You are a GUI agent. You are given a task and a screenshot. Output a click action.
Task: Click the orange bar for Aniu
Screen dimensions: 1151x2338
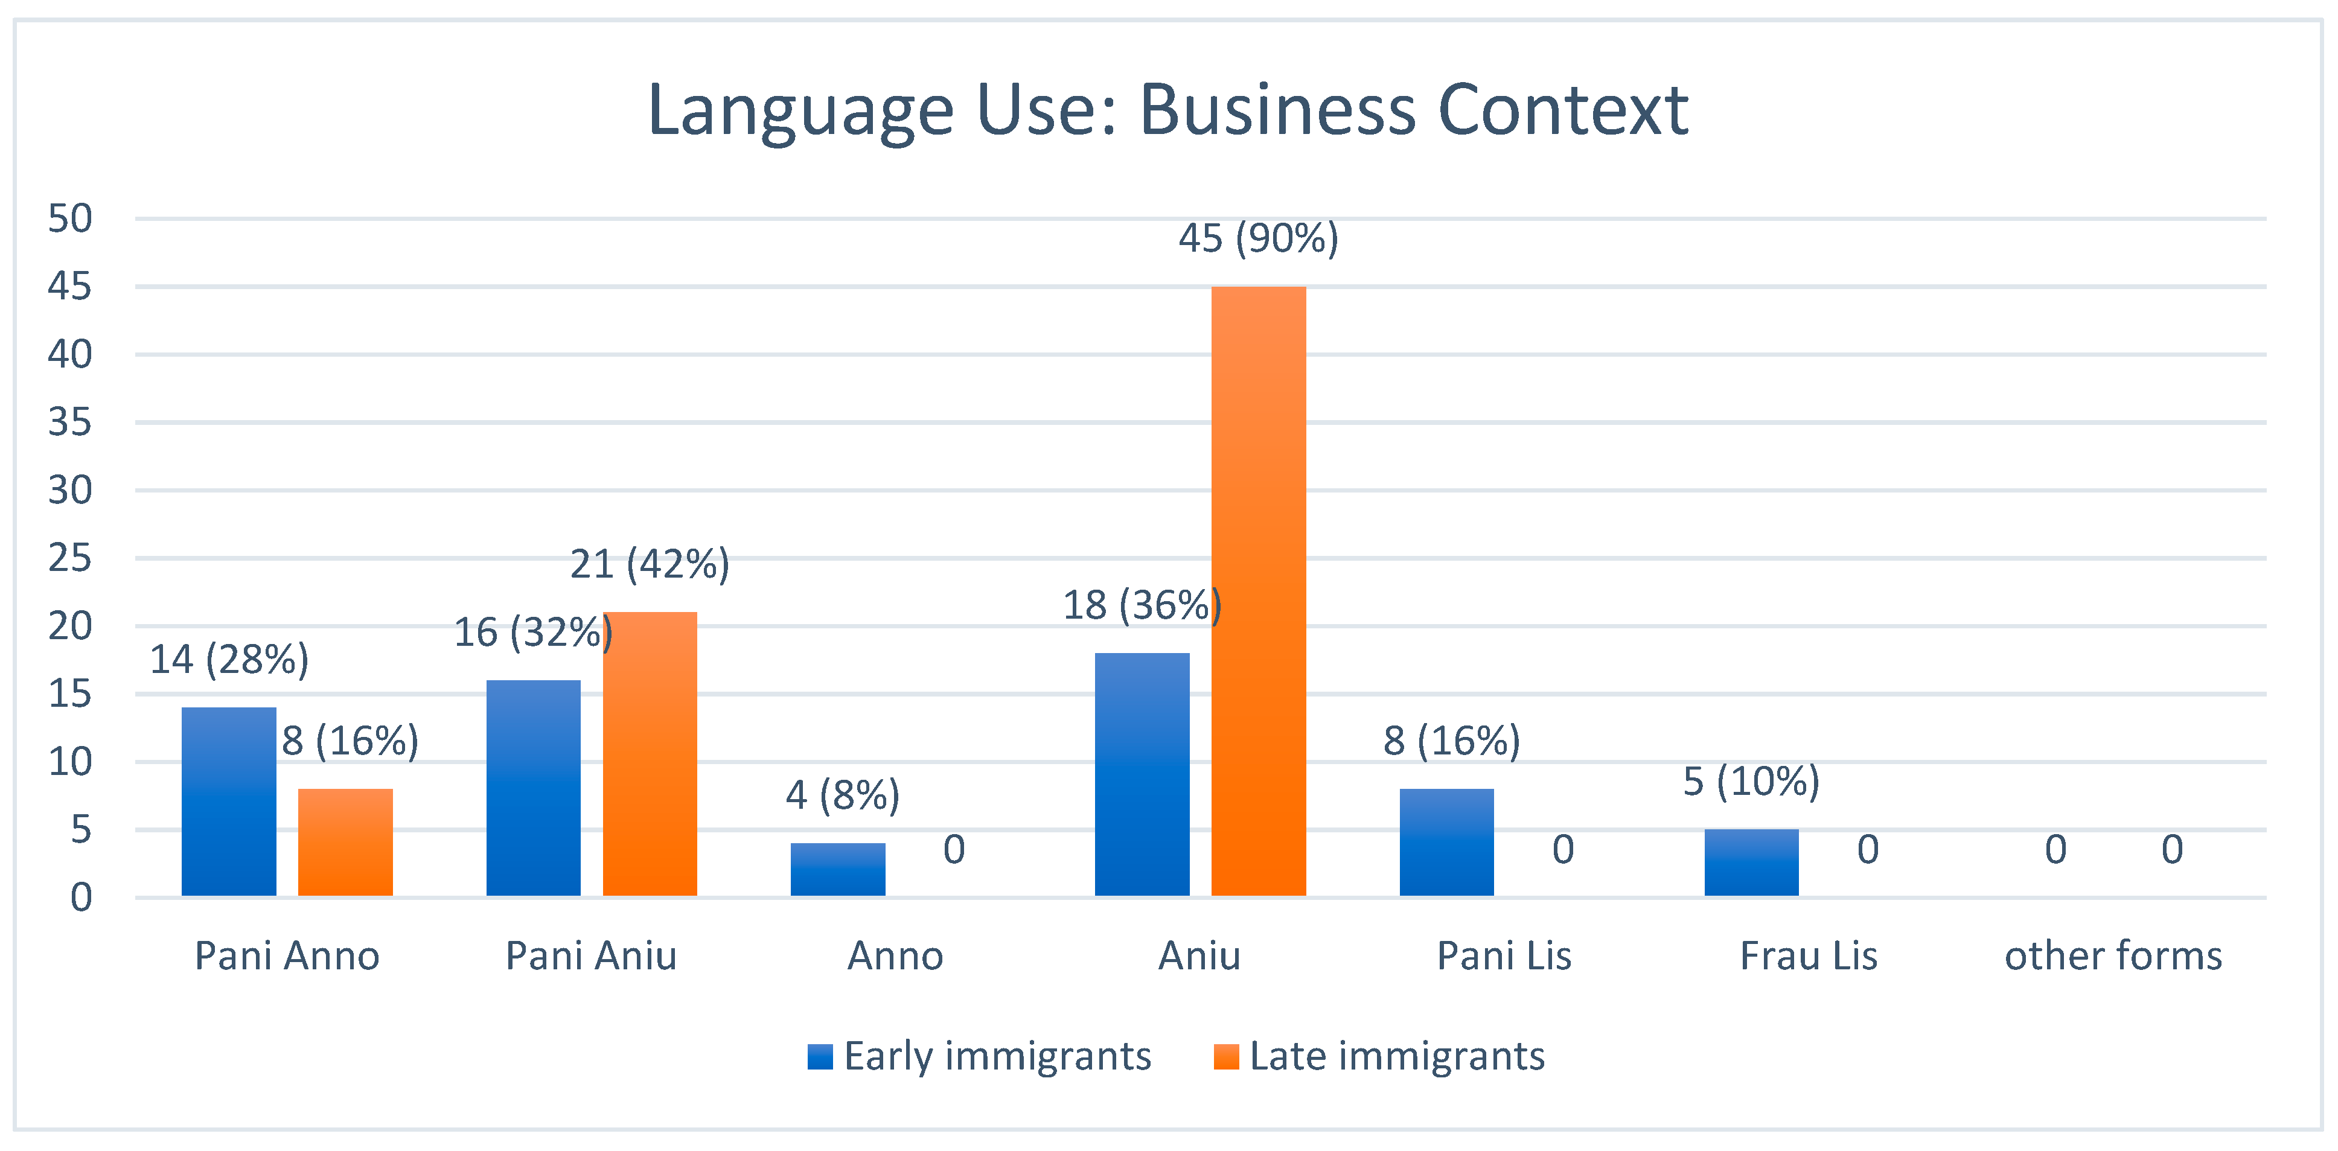(1258, 591)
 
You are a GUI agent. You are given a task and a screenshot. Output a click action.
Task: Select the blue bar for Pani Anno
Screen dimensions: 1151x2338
(229, 802)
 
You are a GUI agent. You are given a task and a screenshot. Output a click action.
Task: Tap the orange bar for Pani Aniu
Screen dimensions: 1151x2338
(650, 753)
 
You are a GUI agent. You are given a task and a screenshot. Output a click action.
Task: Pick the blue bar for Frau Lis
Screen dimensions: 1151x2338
(1751, 862)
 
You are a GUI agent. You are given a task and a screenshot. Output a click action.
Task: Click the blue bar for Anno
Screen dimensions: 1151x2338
(838, 870)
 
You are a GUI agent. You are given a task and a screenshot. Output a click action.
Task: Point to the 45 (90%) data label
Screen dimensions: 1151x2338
(1258, 238)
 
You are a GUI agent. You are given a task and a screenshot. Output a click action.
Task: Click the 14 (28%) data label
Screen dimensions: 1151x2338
(229, 660)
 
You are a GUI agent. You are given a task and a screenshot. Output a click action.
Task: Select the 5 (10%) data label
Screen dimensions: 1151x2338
(1751, 782)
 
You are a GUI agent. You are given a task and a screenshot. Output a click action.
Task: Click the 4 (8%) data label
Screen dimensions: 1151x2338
(842, 795)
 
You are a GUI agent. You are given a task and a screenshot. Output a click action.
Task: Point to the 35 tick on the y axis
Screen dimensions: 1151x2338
(70, 422)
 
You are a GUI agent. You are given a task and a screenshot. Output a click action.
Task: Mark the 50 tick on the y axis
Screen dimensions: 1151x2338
(70, 218)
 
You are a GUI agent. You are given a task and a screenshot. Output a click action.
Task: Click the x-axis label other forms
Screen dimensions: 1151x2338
(2113, 956)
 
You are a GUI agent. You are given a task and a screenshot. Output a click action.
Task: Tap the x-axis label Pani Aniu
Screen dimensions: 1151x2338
(591, 956)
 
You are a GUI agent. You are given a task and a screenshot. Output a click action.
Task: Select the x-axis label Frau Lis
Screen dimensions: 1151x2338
(1808, 956)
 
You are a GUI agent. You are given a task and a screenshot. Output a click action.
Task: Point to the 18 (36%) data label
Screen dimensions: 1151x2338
(1142, 605)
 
